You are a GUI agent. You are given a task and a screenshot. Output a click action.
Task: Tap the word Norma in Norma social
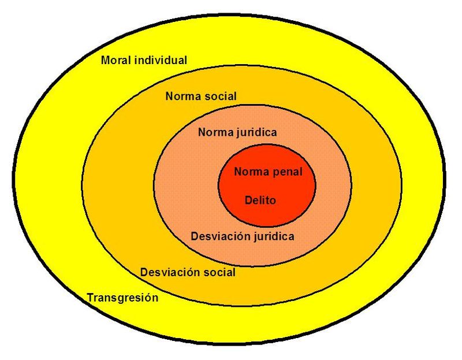(x=180, y=97)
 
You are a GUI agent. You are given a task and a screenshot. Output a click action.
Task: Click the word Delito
(x=260, y=201)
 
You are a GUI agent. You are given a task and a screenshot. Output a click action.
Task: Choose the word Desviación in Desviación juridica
(x=216, y=236)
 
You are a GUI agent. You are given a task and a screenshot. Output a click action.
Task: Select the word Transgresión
(x=122, y=298)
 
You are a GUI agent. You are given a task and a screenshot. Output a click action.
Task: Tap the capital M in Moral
(x=105, y=60)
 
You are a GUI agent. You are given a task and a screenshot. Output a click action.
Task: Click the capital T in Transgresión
(x=90, y=298)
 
